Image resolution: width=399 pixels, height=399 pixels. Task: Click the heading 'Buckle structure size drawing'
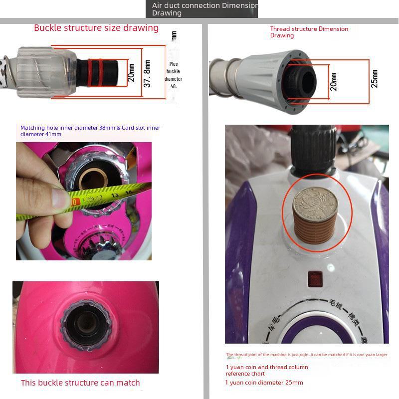[x=96, y=28]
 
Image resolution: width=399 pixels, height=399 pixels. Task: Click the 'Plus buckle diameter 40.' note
[x=174, y=75]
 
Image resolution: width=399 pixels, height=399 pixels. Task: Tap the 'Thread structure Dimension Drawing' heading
[x=309, y=32]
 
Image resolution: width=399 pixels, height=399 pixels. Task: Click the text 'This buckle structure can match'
[x=80, y=383]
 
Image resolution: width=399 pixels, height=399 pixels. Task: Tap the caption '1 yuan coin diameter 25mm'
[x=264, y=383]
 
